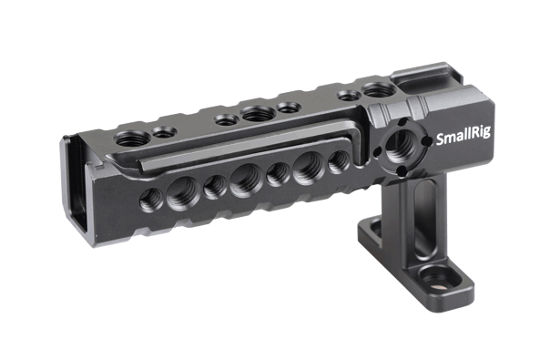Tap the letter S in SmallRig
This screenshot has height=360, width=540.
click(x=440, y=139)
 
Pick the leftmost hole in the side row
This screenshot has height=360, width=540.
click(x=151, y=200)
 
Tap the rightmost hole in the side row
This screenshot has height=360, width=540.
click(x=339, y=161)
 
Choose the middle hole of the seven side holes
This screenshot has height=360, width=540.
click(x=246, y=180)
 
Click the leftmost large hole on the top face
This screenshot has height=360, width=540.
click(x=133, y=139)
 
